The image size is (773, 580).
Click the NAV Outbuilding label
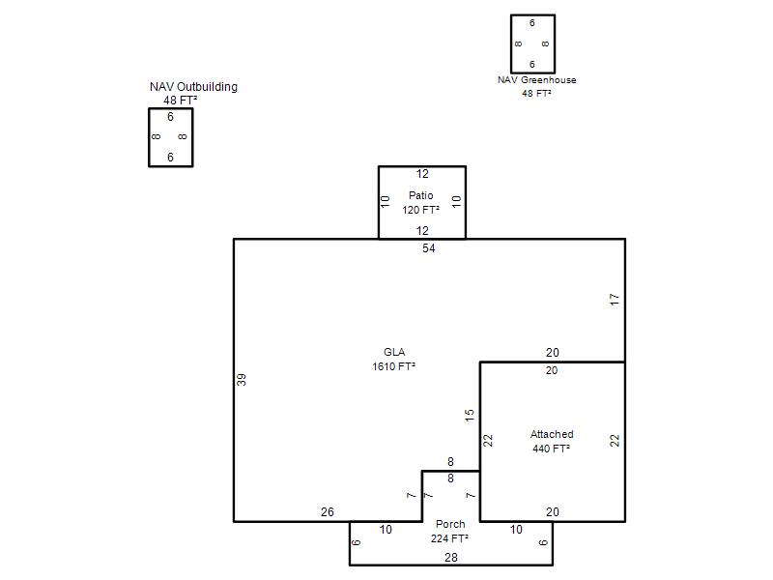tap(193, 87)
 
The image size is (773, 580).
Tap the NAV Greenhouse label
tap(537, 80)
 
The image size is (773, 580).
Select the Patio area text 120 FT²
tap(420, 210)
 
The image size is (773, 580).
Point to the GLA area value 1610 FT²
tap(393, 366)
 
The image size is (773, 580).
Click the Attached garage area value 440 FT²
tap(551, 449)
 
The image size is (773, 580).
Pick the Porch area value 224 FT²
tap(449, 538)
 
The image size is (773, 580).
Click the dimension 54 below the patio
tap(428, 248)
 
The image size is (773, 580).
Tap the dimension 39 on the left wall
tap(241, 380)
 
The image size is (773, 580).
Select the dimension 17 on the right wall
tap(615, 300)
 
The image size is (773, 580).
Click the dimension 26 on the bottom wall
tap(328, 512)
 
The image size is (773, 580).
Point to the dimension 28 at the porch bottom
tap(451, 558)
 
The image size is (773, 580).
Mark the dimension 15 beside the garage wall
tap(470, 416)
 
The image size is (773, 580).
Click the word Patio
tap(420, 195)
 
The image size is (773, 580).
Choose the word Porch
tap(450, 524)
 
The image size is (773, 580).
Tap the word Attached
tap(552, 434)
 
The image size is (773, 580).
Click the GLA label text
tap(394, 352)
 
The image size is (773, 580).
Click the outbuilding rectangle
tap(149, 137)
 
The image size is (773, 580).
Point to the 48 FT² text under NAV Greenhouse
tap(536, 93)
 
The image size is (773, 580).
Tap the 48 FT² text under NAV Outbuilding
tap(181, 101)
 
